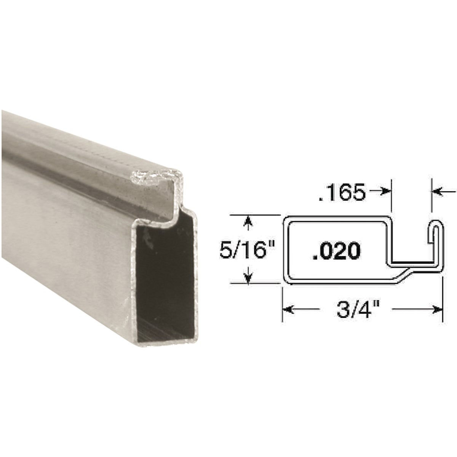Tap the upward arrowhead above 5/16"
point(249,221)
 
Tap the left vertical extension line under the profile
point(282,305)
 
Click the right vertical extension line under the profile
point(443,301)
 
